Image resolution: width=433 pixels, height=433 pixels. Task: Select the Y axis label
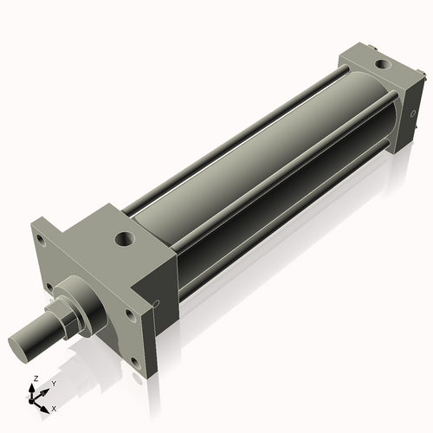(x=54, y=384)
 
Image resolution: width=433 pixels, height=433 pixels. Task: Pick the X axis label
(x=54, y=407)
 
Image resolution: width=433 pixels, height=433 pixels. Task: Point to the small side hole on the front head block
(x=157, y=303)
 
